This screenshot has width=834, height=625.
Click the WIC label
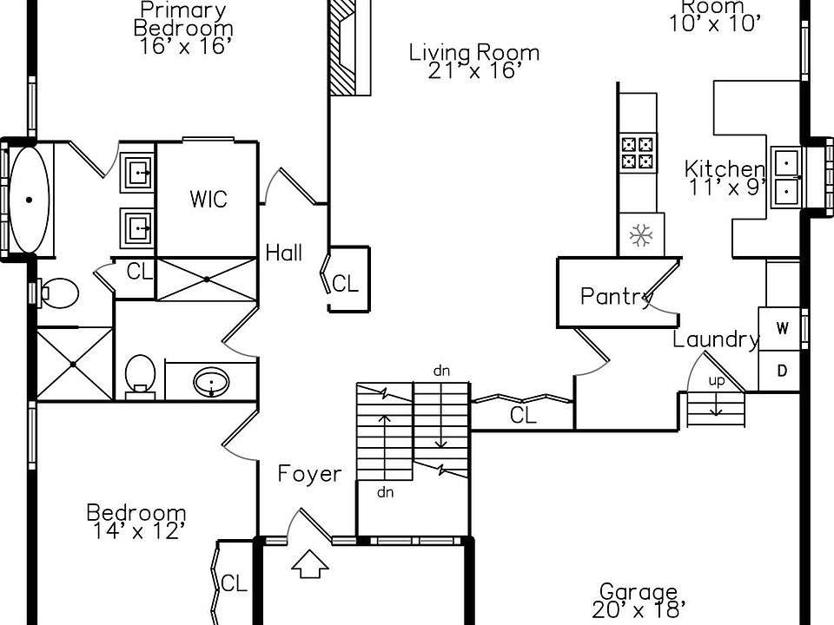click(208, 199)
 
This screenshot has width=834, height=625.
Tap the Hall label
click(284, 253)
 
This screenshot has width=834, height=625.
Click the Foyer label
click(309, 474)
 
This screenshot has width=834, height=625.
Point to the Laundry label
click(716, 339)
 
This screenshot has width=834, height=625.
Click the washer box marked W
click(782, 328)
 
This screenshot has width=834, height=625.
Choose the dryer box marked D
click(782, 371)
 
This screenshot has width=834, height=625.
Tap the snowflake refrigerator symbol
click(640, 235)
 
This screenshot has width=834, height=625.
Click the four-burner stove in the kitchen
click(637, 153)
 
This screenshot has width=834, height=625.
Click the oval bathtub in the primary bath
click(30, 200)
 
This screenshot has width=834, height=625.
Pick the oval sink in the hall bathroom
click(210, 381)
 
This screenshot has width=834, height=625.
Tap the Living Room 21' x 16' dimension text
click(474, 71)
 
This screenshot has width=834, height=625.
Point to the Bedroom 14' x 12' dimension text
click(136, 530)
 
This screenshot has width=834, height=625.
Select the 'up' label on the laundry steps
click(717, 380)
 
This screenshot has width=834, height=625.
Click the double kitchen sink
click(787, 176)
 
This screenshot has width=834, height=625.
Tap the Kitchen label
click(725, 168)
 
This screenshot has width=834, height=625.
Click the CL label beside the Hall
click(345, 283)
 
